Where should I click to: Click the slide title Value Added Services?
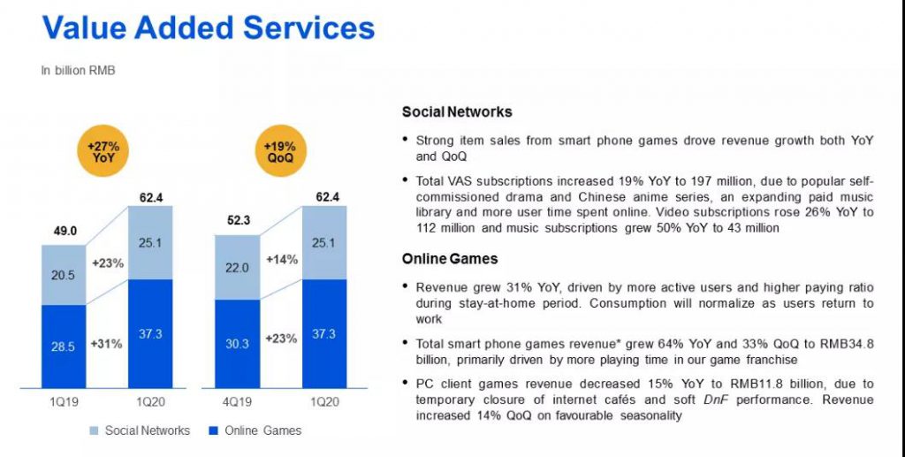pos(209,28)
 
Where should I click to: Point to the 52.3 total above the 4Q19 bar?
pos(236,221)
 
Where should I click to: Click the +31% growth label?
pos(106,343)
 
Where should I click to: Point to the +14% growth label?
pos(280,260)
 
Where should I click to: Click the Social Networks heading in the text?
pos(457,112)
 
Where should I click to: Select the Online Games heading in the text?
pos(450,259)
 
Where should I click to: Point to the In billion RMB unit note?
pos(79,70)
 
